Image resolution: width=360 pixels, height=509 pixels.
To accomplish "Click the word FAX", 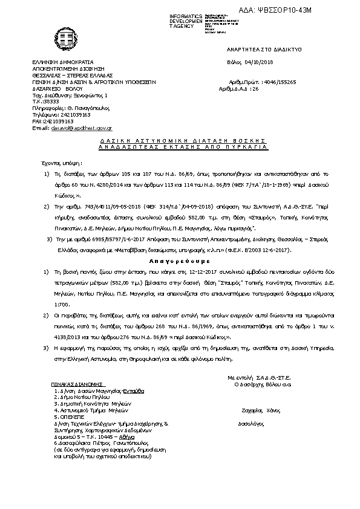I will pyautogui.click(x=38, y=121).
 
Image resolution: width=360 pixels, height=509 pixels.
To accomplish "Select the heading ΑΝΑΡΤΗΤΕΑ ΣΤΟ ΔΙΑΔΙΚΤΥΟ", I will pyautogui.click(x=264, y=48).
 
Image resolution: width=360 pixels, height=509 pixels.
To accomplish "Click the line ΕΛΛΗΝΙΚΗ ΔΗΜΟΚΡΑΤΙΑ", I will pyautogui.click(x=63, y=62).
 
